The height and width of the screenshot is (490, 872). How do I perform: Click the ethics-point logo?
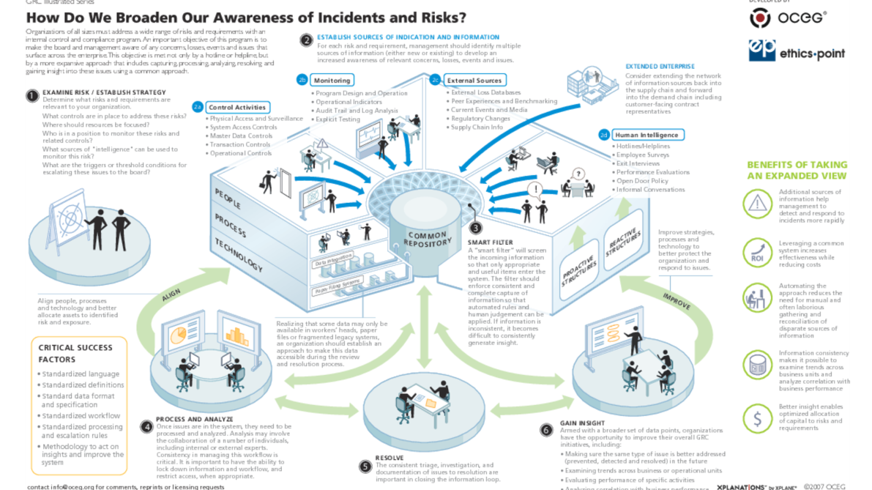click(797, 52)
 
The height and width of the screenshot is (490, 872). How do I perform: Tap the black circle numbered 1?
click(31, 94)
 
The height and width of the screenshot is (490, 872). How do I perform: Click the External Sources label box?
click(474, 80)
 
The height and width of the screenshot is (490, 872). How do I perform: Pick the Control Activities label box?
click(236, 108)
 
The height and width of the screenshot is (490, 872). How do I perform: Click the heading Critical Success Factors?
click(75, 353)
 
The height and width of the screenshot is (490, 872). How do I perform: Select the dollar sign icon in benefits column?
click(757, 418)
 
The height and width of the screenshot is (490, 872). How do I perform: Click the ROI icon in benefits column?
click(757, 251)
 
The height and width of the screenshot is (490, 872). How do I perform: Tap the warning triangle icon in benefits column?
click(757, 204)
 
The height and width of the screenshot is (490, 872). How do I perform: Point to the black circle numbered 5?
click(365, 466)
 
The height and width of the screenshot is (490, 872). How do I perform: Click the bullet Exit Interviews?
click(638, 163)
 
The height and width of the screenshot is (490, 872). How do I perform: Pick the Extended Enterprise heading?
click(660, 67)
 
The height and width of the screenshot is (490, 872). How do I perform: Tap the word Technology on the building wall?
click(239, 253)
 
